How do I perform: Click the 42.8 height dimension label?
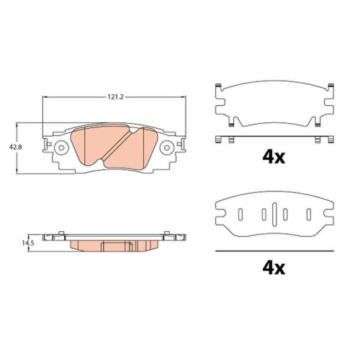pyautogui.click(x=15, y=147)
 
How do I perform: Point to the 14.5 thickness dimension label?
pyautogui.click(x=28, y=243)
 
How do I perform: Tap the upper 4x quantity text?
pyautogui.click(x=274, y=157)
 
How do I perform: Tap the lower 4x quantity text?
pyautogui.click(x=274, y=268)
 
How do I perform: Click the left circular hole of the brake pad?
pyautogui.click(x=61, y=148)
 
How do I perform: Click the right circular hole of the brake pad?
pyautogui.click(x=167, y=148)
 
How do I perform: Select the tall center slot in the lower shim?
pyautogui.click(x=274, y=214)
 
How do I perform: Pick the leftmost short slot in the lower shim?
pyautogui.click(x=240, y=215)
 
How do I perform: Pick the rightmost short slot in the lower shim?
pyautogui.click(x=309, y=215)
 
